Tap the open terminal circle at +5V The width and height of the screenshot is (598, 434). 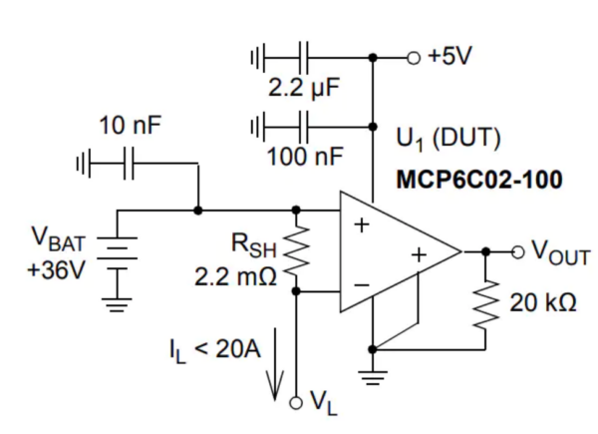412,57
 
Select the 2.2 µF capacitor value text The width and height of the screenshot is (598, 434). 304,87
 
